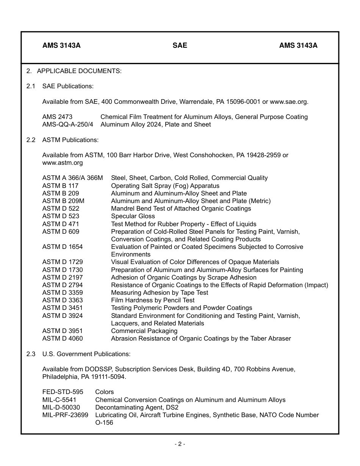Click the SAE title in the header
tap(180, 45)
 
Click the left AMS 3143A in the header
tap(61, 45)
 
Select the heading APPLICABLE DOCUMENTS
tap(79, 71)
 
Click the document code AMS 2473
tap(57, 117)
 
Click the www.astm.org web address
tap(63, 163)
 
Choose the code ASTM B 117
tap(60, 186)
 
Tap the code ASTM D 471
tap(61, 224)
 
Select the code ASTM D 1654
tap(63, 247)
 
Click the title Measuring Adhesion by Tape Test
tap(160, 292)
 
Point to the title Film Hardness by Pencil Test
tap(153, 300)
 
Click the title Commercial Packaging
tap(144, 331)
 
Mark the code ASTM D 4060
tap(63, 338)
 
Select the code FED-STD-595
tap(63, 392)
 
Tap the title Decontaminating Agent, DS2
tap(137, 407)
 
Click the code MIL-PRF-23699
tap(65, 415)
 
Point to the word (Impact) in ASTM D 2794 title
tap(316, 285)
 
